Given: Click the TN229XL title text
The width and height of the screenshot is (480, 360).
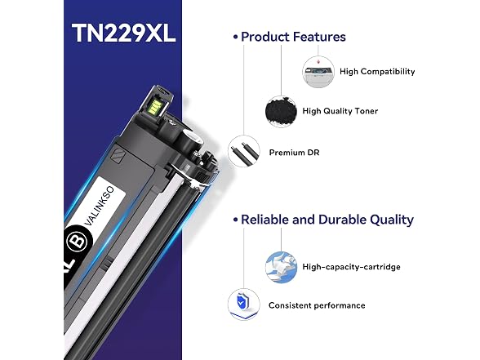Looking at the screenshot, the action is click(124, 33).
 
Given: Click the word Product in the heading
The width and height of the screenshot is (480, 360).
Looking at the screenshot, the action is click(265, 37).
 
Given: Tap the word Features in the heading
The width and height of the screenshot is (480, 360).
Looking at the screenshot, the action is click(320, 37).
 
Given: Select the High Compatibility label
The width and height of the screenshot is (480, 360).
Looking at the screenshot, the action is click(377, 72).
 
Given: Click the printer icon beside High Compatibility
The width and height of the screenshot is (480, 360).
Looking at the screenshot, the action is click(318, 72).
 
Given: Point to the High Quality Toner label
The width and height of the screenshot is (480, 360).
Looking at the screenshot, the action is click(340, 111).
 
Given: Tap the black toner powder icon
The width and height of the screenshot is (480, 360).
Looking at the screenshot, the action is click(281, 111).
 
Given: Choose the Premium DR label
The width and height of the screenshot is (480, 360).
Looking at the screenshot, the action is click(294, 153).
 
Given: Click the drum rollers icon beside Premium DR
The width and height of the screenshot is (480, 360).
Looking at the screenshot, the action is click(243, 151).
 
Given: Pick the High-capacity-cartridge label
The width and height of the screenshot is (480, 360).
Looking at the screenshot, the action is click(351, 267).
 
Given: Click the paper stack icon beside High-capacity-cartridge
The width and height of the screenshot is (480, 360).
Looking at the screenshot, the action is click(281, 267).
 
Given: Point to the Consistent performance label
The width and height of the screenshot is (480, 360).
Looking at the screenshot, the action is click(317, 305).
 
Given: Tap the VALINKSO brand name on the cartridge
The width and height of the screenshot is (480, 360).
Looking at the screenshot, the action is click(100, 207).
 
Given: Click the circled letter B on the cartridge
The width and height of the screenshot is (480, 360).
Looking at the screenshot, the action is click(79, 241).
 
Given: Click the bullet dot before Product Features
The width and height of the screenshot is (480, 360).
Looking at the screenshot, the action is click(235, 37).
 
